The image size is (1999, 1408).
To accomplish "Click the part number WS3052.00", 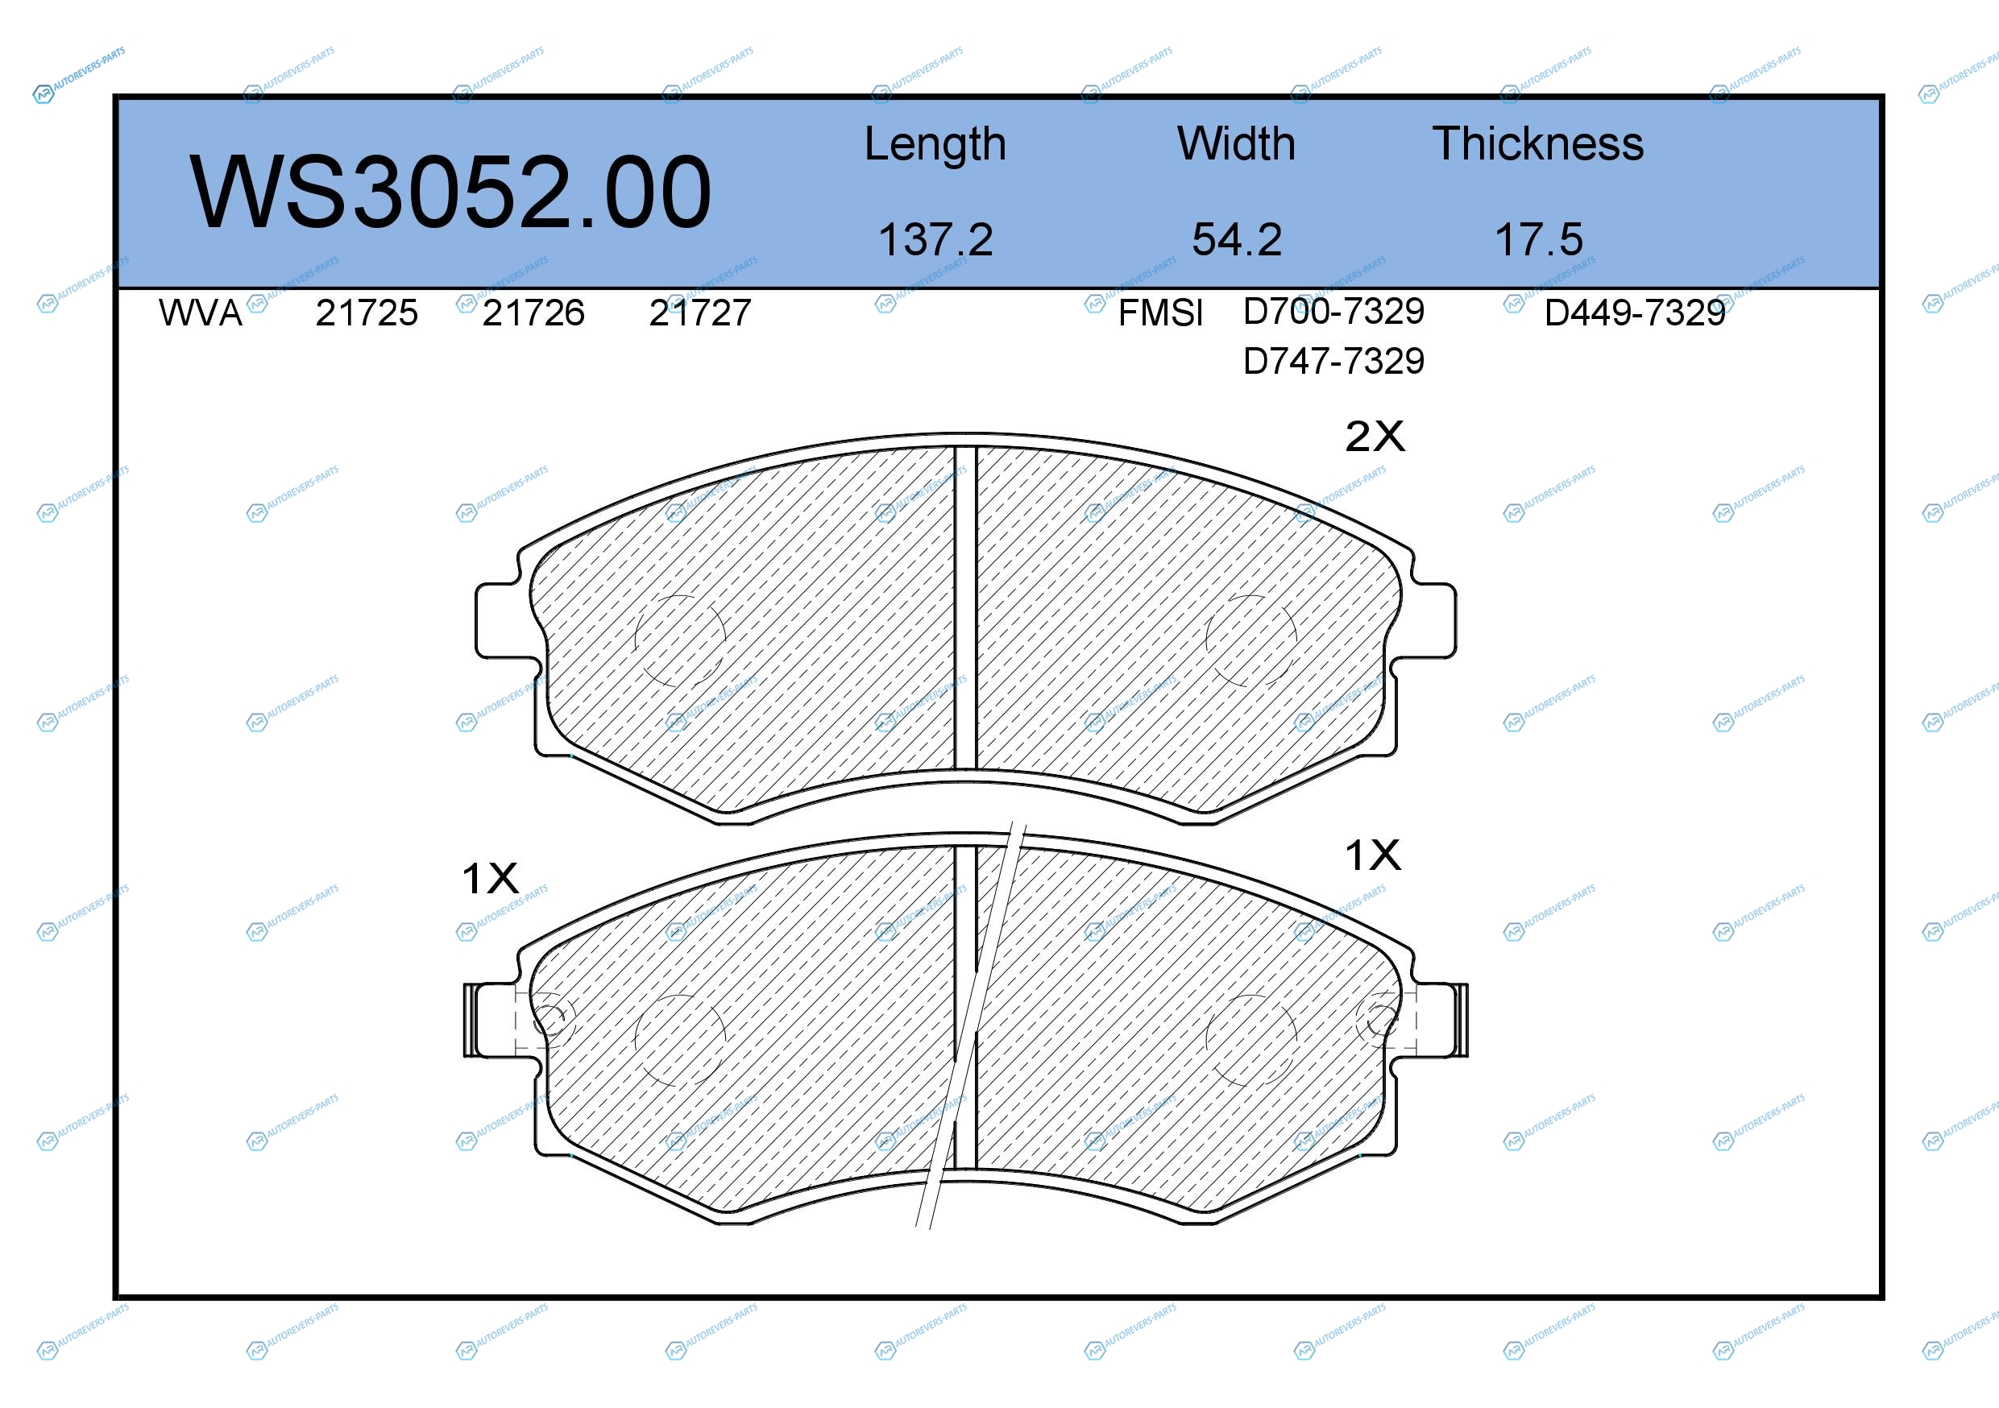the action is [x=450, y=193].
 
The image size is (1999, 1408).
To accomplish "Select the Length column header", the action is [x=935, y=145].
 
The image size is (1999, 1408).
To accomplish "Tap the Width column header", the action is [x=1236, y=143].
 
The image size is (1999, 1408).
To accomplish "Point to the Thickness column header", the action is [x=1538, y=143].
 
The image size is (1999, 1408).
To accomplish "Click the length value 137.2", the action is [x=935, y=239].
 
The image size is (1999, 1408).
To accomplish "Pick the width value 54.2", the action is [x=1236, y=239].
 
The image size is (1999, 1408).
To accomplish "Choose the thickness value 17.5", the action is [x=1538, y=239].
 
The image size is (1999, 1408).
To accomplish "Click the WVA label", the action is [x=201, y=313].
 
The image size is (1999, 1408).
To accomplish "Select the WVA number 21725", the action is [x=367, y=313].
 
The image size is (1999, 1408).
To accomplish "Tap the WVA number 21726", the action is [x=533, y=313].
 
